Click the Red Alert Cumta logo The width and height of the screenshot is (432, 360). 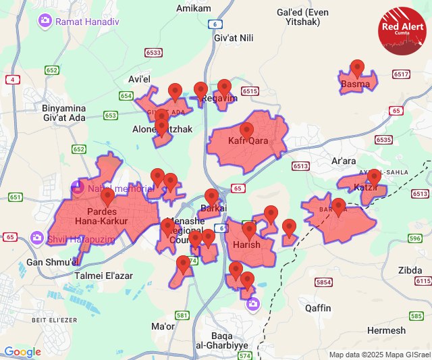tap(404, 30)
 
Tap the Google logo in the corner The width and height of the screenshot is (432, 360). tap(23, 352)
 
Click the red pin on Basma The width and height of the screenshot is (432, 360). tap(358, 68)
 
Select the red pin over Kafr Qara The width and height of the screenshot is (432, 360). tap(246, 130)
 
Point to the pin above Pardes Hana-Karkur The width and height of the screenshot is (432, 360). tap(108, 197)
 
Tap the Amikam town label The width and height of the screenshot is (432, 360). tap(194, 8)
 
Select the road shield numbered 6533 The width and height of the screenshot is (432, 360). tap(153, 52)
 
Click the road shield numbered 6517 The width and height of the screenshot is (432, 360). tap(402, 74)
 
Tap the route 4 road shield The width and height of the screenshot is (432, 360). tap(13, 80)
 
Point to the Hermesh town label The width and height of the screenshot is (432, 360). tap(387, 330)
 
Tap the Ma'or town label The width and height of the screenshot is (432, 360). tap(163, 327)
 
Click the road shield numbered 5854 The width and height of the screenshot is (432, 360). tap(324, 282)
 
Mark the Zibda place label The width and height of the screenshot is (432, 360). tap(410, 269)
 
